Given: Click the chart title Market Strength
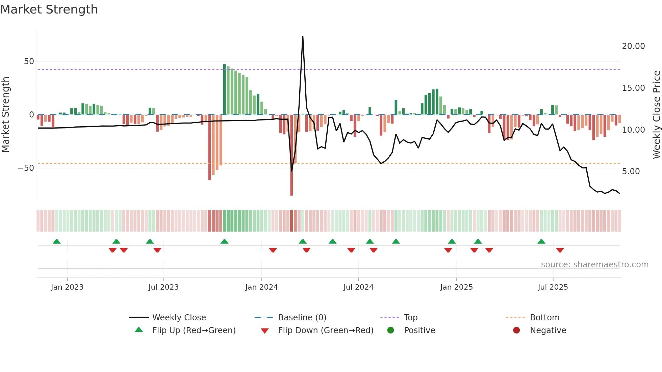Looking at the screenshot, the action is [x=49, y=9].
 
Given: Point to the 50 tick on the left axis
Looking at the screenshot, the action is [x=29, y=61].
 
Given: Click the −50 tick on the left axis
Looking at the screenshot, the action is [x=26, y=168].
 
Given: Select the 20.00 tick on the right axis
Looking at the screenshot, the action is [x=633, y=46].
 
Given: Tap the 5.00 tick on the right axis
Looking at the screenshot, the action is [x=631, y=171].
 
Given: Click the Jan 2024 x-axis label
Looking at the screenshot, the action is [x=261, y=287].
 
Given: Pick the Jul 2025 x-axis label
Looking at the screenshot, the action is [x=553, y=287].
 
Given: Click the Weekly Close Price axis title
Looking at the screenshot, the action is [x=656, y=115].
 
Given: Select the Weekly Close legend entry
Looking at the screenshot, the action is [x=179, y=318].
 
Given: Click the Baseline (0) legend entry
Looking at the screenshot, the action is [x=302, y=318].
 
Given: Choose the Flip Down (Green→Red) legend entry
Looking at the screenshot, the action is [x=325, y=330].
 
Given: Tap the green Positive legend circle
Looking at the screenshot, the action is [x=390, y=330].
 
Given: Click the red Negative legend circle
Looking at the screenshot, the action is [x=516, y=330].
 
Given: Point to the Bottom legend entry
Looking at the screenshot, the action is [x=544, y=318].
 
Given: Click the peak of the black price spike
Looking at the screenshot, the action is [x=303, y=36].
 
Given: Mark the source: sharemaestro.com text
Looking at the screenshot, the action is [x=594, y=265].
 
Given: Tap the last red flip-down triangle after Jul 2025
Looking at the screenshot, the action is [x=560, y=250].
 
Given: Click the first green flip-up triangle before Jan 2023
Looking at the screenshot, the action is [x=57, y=241].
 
